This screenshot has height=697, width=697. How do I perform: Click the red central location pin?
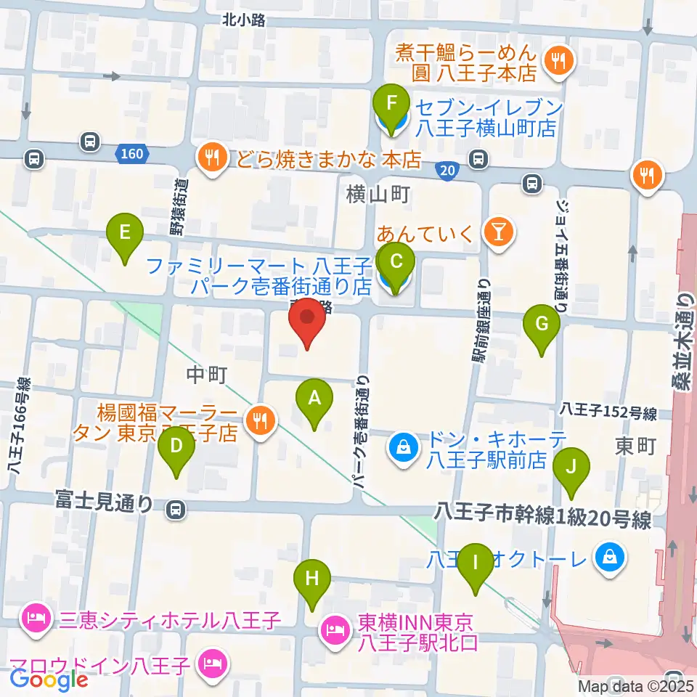coord(307,323)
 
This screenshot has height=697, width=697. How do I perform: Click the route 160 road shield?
coord(133,153)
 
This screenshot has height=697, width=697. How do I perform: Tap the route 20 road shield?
coord(448,170)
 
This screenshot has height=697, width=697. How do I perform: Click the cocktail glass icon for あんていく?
coord(499,232)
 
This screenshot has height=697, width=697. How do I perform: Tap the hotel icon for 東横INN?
coord(334,627)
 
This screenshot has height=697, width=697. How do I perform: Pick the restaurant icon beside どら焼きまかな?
coord(211,156)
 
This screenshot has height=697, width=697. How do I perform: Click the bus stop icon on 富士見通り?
coord(174,510)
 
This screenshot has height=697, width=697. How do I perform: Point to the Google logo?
coord(49,680)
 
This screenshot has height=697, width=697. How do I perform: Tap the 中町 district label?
coord(208,375)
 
